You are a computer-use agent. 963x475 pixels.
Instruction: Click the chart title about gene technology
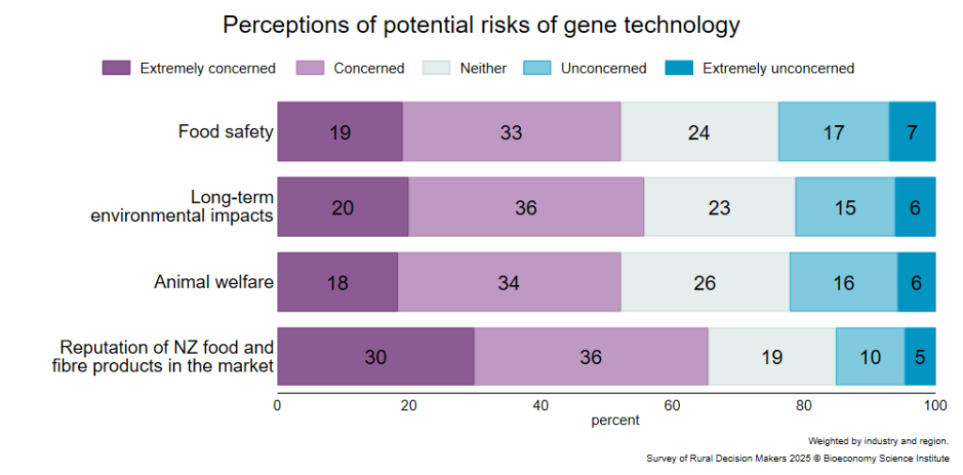click(481, 25)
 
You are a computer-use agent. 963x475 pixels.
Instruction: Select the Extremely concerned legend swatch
click(116, 69)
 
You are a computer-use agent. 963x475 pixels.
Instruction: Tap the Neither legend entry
click(465, 69)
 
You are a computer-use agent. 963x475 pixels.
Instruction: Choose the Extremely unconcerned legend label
click(778, 69)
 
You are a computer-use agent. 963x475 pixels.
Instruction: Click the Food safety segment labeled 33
click(512, 132)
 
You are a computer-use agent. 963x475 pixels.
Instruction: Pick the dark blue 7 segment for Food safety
click(912, 132)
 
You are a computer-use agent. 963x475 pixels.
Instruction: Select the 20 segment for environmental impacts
click(342, 207)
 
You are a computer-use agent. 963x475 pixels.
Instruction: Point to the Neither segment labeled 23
click(719, 207)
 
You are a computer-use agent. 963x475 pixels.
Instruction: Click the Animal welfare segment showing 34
click(510, 282)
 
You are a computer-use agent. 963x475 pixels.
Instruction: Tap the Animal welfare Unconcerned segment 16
click(844, 282)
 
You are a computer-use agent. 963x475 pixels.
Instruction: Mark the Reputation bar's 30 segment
click(376, 357)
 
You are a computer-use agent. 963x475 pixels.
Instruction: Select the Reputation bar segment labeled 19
click(772, 357)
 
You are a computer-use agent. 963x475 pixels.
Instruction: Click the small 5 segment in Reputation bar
click(920, 357)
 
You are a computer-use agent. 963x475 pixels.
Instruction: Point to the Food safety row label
click(226, 132)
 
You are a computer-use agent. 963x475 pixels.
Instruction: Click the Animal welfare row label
click(213, 282)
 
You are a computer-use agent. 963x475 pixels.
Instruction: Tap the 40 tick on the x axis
click(541, 405)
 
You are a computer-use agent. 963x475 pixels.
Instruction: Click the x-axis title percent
click(615, 421)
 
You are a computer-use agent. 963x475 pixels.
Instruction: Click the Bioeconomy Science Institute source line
click(797, 458)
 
